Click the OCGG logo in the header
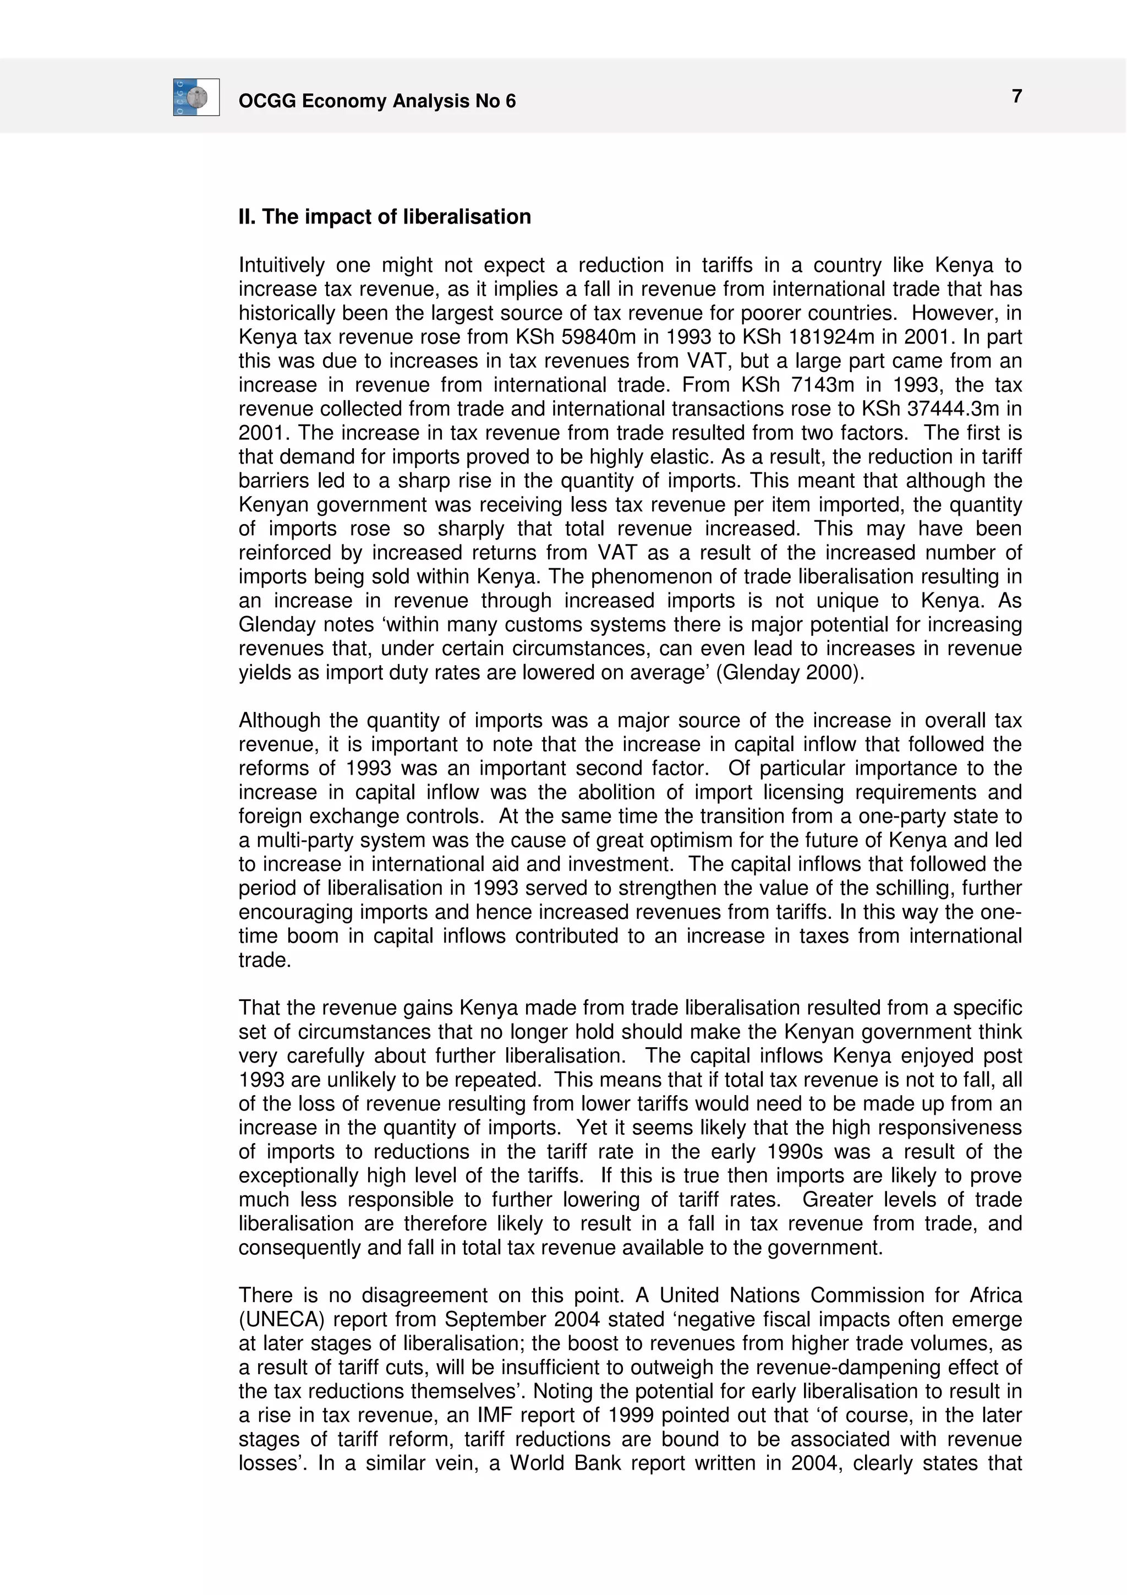pyautogui.click(x=196, y=97)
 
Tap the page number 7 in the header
pyautogui.click(x=1016, y=96)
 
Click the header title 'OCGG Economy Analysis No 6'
pyautogui.click(x=377, y=101)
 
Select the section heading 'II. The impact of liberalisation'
pyautogui.click(x=385, y=217)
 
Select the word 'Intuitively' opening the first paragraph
pyautogui.click(x=282, y=266)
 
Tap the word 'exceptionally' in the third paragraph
pyautogui.click(x=300, y=1175)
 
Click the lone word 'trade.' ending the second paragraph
pyautogui.click(x=265, y=961)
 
